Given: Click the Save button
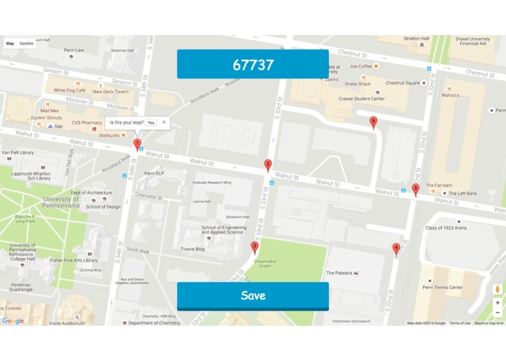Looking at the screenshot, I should (253, 296).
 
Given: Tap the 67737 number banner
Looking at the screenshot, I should (253, 64).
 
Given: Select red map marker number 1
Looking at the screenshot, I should (137, 145).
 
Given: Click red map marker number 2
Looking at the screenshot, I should (268, 165).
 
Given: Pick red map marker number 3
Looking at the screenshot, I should (254, 247).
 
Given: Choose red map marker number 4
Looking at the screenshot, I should (396, 249).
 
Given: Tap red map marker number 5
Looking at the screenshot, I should (416, 189).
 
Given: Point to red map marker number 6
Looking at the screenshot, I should (373, 122).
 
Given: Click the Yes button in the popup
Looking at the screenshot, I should (151, 122).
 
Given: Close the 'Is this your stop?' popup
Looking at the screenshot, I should (164, 122).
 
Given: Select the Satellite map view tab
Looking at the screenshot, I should (26, 44).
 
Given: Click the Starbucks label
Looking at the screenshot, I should (109, 135).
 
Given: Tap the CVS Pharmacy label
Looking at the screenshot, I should (82, 123).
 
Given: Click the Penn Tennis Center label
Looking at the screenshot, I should (442, 287).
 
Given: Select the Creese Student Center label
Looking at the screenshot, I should (361, 97).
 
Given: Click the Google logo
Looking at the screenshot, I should (12, 321).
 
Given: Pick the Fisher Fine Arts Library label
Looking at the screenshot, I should (74, 260).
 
